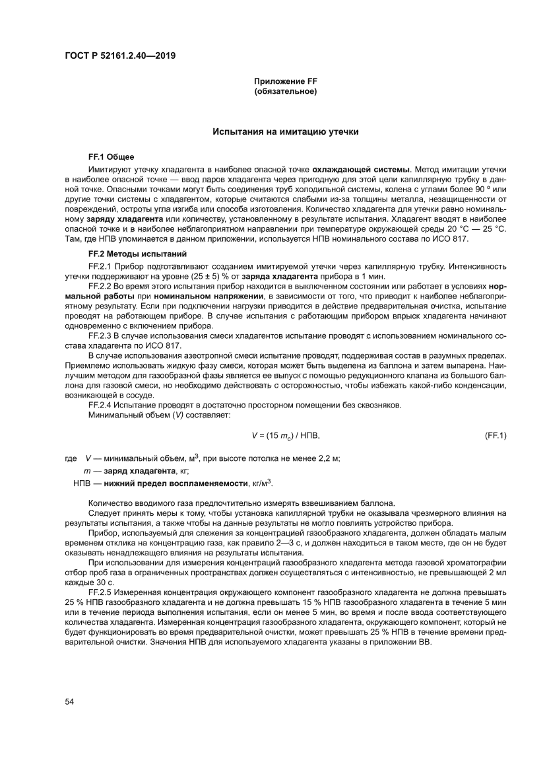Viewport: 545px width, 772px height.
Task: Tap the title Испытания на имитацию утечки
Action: [x=285, y=132]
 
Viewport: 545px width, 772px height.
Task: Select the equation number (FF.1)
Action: [x=495, y=435]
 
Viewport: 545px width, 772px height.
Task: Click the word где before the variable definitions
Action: [x=71, y=458]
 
